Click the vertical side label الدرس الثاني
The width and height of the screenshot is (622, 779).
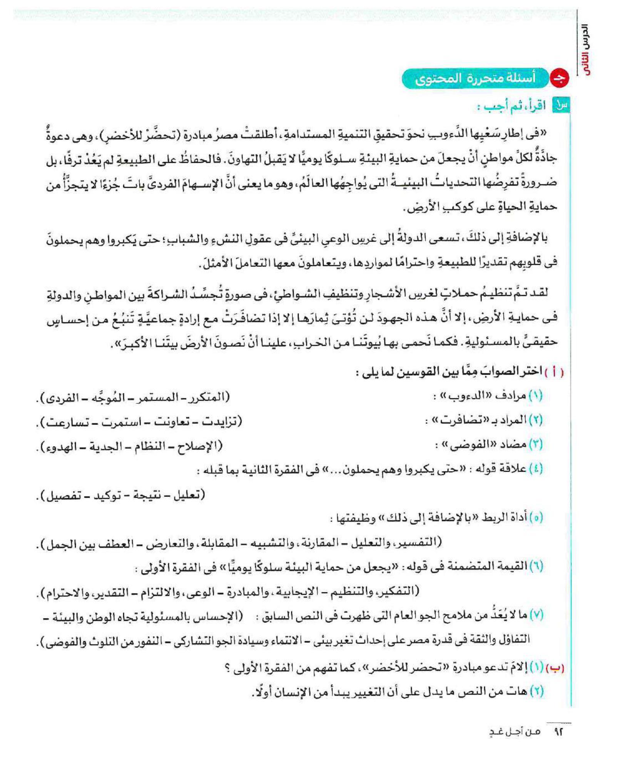pos(584,50)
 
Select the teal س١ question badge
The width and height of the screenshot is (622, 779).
pos(561,105)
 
